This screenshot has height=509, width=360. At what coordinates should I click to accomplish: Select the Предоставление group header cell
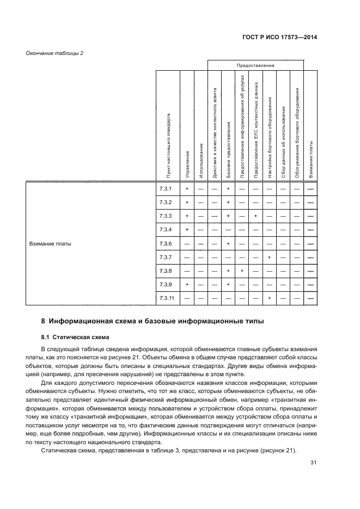click(x=255, y=65)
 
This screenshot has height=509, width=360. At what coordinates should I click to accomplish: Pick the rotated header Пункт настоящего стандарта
click(x=170, y=146)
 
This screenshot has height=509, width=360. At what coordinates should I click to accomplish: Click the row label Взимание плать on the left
click(x=50, y=243)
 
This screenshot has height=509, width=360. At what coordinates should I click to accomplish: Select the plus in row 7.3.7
click(x=269, y=257)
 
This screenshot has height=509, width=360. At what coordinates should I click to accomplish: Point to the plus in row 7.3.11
click(x=269, y=298)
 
